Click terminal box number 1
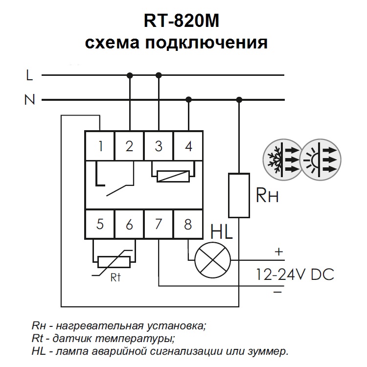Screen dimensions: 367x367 (x=100, y=146)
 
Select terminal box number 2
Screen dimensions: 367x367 (x=129, y=146)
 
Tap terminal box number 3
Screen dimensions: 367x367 (x=159, y=146)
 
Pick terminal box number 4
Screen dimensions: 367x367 (x=188, y=146)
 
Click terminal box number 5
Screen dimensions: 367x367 (x=100, y=225)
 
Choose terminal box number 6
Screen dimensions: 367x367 (x=129, y=225)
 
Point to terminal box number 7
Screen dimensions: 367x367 (x=159, y=225)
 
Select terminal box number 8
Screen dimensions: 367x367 (x=188, y=225)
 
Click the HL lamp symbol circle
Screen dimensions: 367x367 (x=212, y=259)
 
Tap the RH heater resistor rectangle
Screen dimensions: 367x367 (x=239, y=195)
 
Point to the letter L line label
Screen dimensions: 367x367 (x=30, y=75)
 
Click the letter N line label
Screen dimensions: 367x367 (x=30, y=100)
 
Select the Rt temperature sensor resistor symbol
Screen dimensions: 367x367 (x=115, y=262)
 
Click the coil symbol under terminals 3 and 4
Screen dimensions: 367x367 (x=173, y=176)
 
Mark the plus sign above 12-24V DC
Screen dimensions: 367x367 (x=278, y=252)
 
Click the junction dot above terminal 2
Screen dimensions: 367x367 (x=130, y=75)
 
